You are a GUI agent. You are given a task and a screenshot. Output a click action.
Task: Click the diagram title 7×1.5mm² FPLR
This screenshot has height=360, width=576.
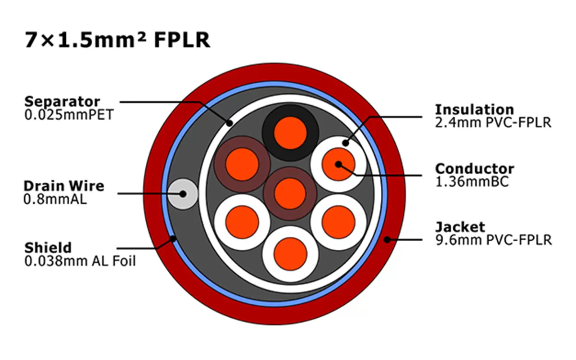pyautogui.click(x=117, y=40)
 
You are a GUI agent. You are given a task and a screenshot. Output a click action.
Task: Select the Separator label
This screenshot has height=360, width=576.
pyautogui.click(x=62, y=101)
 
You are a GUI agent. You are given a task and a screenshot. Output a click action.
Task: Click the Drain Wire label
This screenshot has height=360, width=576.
pyautogui.click(x=63, y=186)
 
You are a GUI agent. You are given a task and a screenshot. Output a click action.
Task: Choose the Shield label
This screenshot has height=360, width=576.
pyautogui.click(x=48, y=247)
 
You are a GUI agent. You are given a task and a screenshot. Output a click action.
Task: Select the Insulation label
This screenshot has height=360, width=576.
pyautogui.click(x=474, y=109)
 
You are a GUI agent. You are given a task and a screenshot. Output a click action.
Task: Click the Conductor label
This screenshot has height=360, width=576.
pyautogui.click(x=474, y=169)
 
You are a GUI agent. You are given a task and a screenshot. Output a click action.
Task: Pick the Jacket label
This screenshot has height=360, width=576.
pyautogui.click(x=460, y=227)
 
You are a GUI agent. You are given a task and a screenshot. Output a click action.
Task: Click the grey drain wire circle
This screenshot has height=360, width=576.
pyautogui.click(x=183, y=194)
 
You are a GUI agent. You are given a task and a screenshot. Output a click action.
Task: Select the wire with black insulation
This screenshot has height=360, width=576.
pyautogui.click(x=290, y=133)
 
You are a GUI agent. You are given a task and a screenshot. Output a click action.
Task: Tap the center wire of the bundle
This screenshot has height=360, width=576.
pyautogui.click(x=290, y=194)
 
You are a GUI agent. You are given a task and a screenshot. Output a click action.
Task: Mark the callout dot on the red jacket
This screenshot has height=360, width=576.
pyautogui.click(x=387, y=240)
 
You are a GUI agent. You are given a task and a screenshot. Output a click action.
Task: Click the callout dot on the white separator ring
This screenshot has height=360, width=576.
pyautogui.click(x=229, y=122)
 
